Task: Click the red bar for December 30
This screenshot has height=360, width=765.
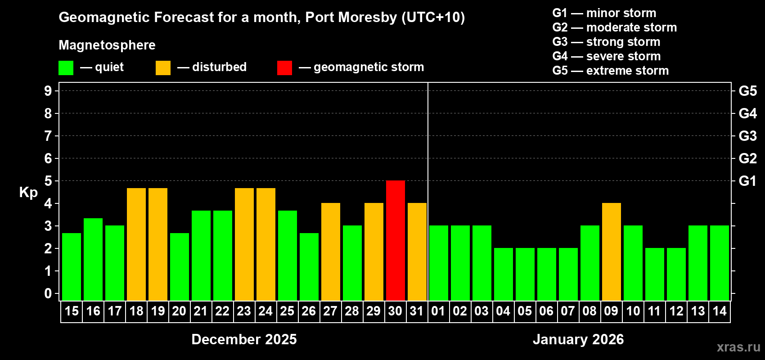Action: (396, 241)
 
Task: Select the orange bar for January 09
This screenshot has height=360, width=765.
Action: (612, 252)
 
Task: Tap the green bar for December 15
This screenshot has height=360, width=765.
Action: (72, 267)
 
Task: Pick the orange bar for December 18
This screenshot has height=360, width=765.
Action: (136, 244)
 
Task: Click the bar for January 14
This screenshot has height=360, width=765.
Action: (720, 263)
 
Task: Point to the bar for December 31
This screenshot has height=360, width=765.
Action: (417, 252)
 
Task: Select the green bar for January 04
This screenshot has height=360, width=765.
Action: (504, 274)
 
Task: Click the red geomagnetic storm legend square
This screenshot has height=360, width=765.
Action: (284, 68)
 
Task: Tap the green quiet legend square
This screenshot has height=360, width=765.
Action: (66, 68)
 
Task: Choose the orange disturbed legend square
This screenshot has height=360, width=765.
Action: (163, 68)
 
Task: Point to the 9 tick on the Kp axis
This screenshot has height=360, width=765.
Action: (48, 91)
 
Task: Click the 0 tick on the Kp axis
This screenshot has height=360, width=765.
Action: (48, 294)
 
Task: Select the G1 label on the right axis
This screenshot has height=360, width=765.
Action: (747, 181)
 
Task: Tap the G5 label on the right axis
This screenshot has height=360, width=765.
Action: (747, 91)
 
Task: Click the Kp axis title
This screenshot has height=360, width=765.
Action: (28, 193)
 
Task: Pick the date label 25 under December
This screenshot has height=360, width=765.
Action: (287, 311)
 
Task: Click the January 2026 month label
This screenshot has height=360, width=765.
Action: (578, 339)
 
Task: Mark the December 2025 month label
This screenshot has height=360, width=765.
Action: (244, 339)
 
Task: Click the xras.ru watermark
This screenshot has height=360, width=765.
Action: (738, 347)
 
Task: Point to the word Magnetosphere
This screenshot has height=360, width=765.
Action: (107, 45)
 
